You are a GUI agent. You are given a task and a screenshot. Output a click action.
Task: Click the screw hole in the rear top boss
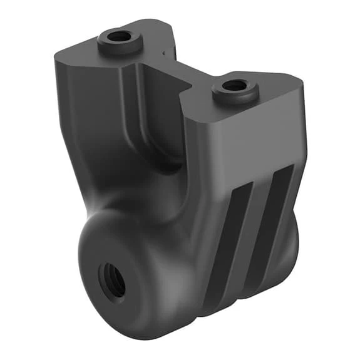[118, 36]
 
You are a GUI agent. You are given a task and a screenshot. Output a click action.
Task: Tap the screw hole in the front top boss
[235, 86]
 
